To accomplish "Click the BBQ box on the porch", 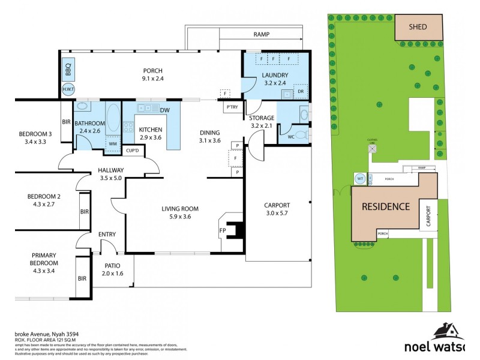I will (x=68, y=71).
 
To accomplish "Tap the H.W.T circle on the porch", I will (x=68, y=89).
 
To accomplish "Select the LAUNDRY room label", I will (x=275, y=75).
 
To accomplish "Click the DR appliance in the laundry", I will (x=301, y=92).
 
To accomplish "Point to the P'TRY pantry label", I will (x=232, y=107).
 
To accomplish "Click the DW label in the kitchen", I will (x=164, y=110).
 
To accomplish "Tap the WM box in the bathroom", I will (x=112, y=144).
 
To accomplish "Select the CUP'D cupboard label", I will (x=132, y=151).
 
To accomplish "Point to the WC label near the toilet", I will (x=291, y=137).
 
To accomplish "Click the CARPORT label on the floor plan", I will (x=277, y=205).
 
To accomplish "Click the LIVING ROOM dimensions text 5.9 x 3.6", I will (x=179, y=217).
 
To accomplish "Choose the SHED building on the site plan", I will (x=418, y=27).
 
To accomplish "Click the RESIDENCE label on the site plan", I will (x=385, y=207).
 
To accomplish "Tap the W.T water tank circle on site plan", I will (x=360, y=178).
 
